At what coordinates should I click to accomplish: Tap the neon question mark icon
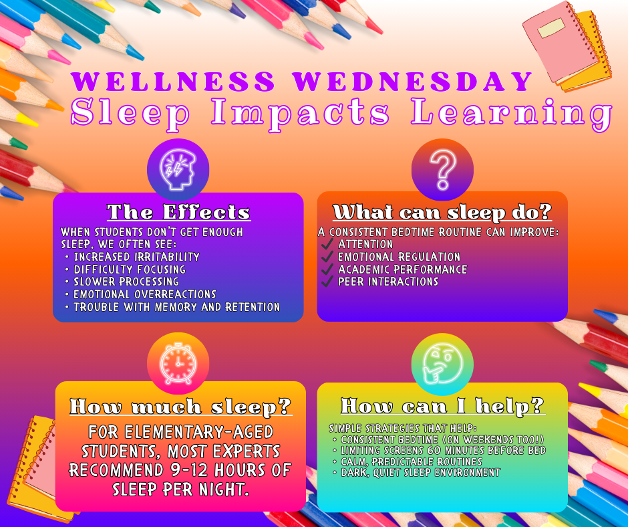[442, 170]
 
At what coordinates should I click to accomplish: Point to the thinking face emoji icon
[442, 363]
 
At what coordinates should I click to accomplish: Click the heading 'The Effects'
[178, 213]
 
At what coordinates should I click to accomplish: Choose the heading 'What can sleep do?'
[442, 213]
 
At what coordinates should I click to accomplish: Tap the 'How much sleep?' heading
[180, 406]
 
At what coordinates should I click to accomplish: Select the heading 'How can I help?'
[442, 406]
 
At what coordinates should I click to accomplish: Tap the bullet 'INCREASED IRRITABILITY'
[136, 257]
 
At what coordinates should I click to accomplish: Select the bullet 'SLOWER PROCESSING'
[126, 282]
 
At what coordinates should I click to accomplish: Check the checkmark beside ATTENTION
[327, 244]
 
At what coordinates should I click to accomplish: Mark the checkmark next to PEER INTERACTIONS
[327, 282]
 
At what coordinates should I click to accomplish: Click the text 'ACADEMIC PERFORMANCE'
[402, 270]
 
